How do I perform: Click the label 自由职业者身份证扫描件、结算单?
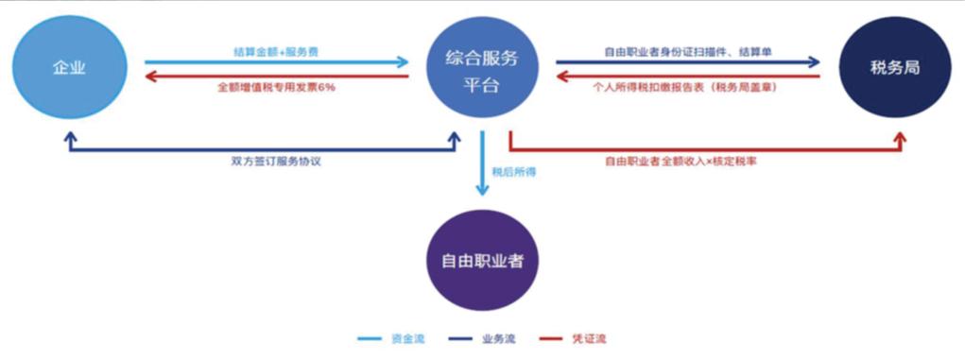(688, 50)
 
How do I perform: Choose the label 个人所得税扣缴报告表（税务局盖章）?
(688, 87)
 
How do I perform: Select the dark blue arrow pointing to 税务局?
(687, 63)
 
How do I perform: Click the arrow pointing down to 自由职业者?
(482, 165)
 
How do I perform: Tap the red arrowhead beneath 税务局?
(899, 138)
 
